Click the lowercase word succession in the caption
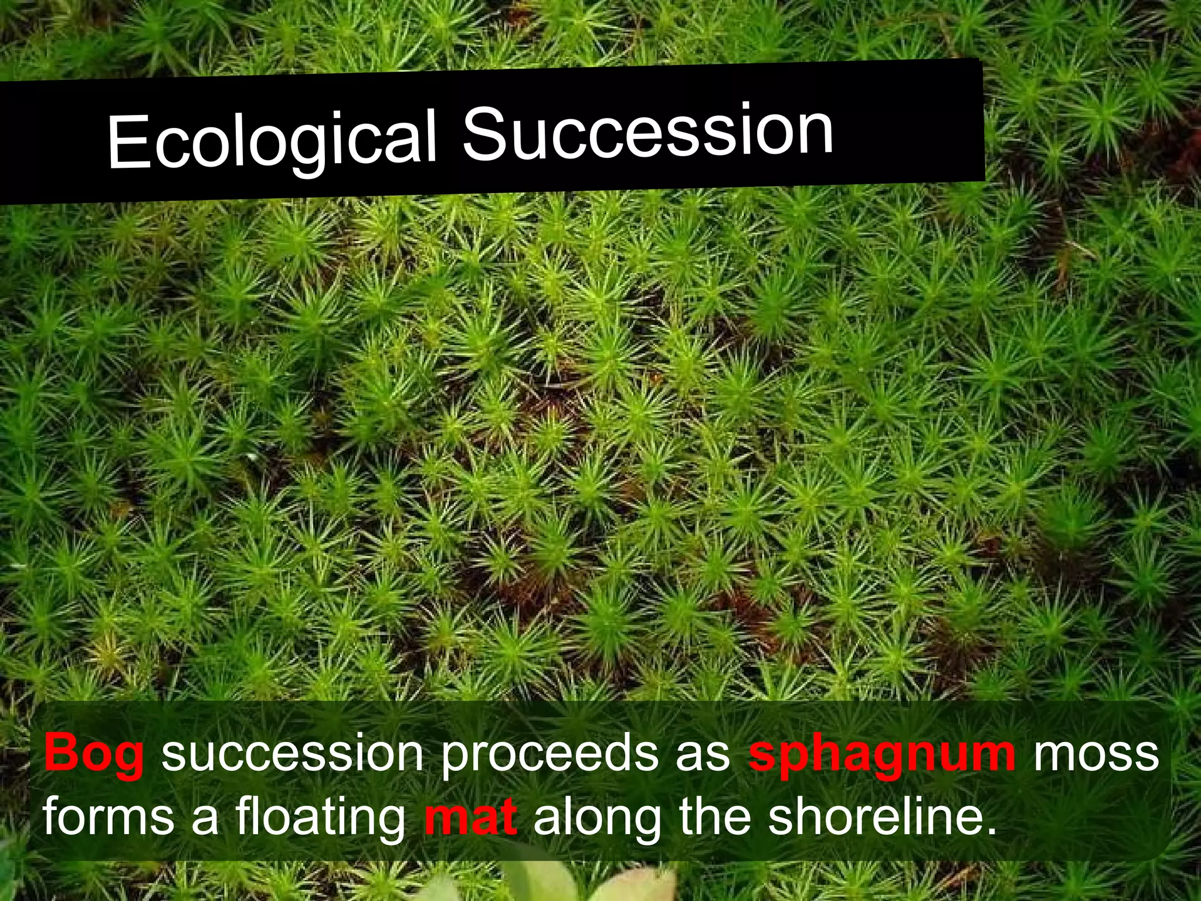[292, 753]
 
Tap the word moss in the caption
[1095, 753]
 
